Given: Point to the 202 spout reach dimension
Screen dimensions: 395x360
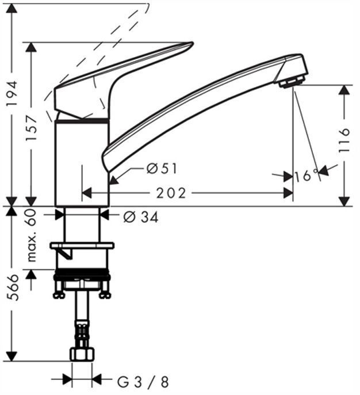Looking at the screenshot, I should [173, 193].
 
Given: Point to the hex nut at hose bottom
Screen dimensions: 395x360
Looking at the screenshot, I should [81, 353].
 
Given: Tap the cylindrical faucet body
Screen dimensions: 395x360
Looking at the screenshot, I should [82, 161].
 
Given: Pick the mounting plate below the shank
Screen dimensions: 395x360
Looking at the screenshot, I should [82, 246].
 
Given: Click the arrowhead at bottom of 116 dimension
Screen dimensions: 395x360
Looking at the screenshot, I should [344, 201].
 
